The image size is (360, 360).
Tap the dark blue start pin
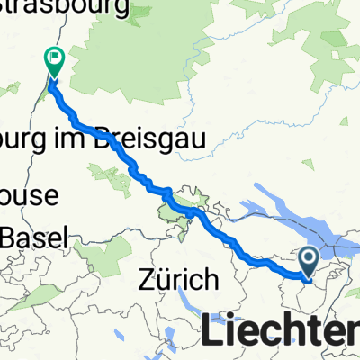point(308,262)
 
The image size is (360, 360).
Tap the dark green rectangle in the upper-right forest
point(334,40)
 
